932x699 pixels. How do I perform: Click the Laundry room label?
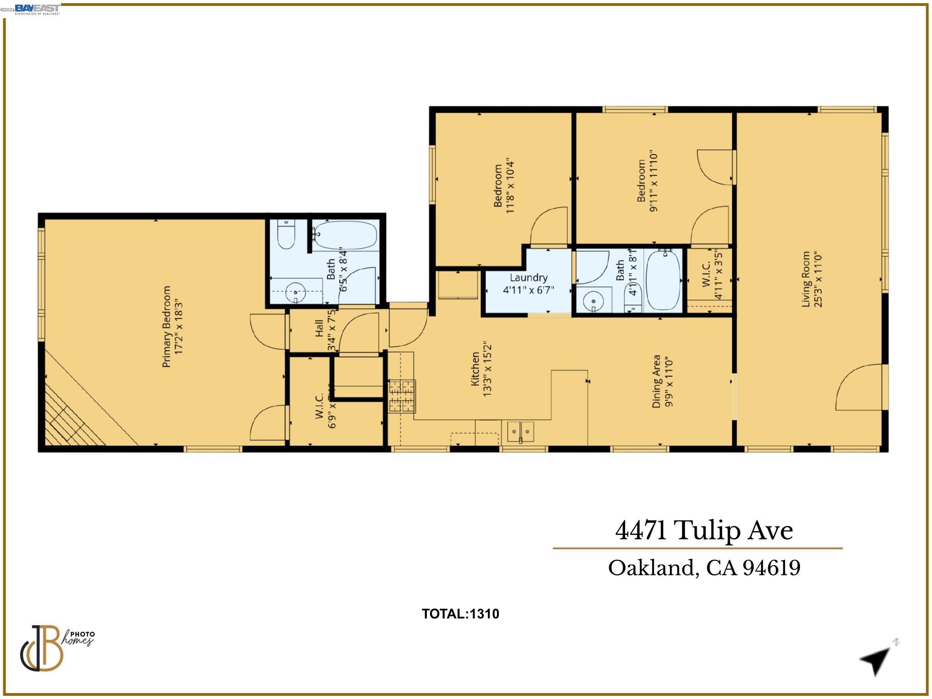(528, 284)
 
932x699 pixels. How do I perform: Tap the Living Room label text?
(811, 279)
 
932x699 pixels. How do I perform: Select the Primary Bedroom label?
(172, 326)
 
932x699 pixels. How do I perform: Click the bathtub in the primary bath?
(345, 235)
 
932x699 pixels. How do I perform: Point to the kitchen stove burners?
(402, 396)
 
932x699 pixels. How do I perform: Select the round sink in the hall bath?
(593, 301)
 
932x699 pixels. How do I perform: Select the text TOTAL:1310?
(460, 614)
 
